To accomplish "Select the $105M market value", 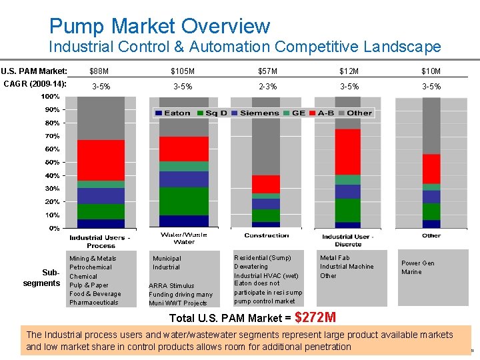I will [183, 71].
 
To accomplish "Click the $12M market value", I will [349, 71].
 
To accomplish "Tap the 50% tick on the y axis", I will [51, 162].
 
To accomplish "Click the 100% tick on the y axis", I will [50, 97].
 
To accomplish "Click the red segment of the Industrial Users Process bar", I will [101, 160].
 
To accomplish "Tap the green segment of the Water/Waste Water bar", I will [183, 201].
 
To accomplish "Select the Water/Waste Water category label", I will [184, 238].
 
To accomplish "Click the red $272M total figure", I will [315, 317].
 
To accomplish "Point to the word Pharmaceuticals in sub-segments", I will [94, 303].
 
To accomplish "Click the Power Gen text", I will [417, 263].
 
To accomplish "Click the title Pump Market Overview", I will [159, 26].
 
